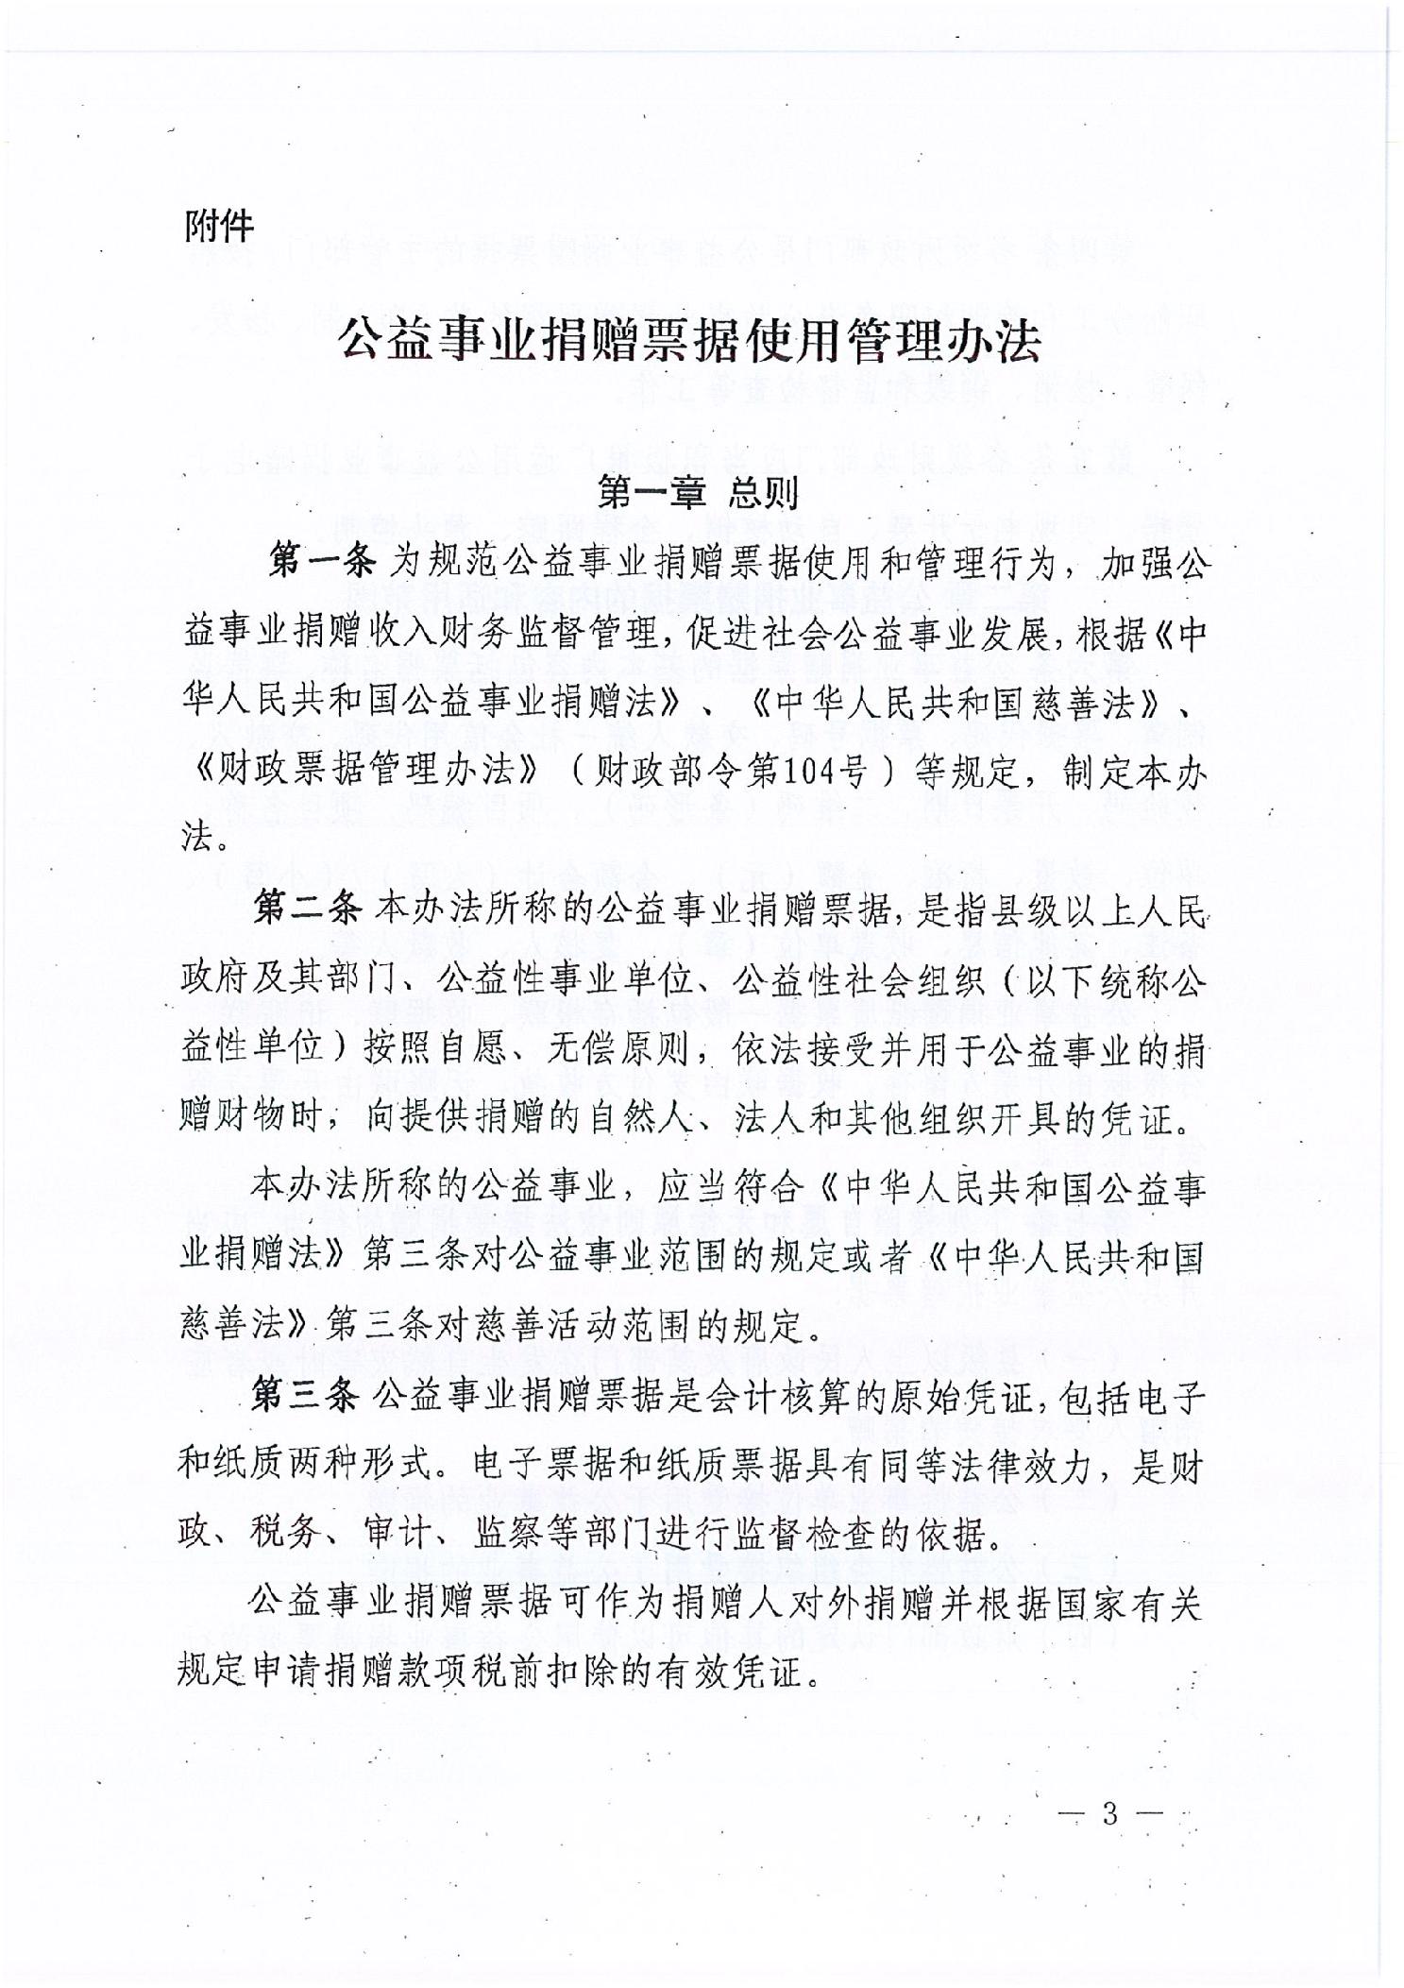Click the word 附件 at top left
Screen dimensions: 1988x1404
(x=219, y=227)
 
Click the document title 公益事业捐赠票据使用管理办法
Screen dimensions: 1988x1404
(x=690, y=340)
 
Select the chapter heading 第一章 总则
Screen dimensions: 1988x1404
(x=698, y=493)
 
